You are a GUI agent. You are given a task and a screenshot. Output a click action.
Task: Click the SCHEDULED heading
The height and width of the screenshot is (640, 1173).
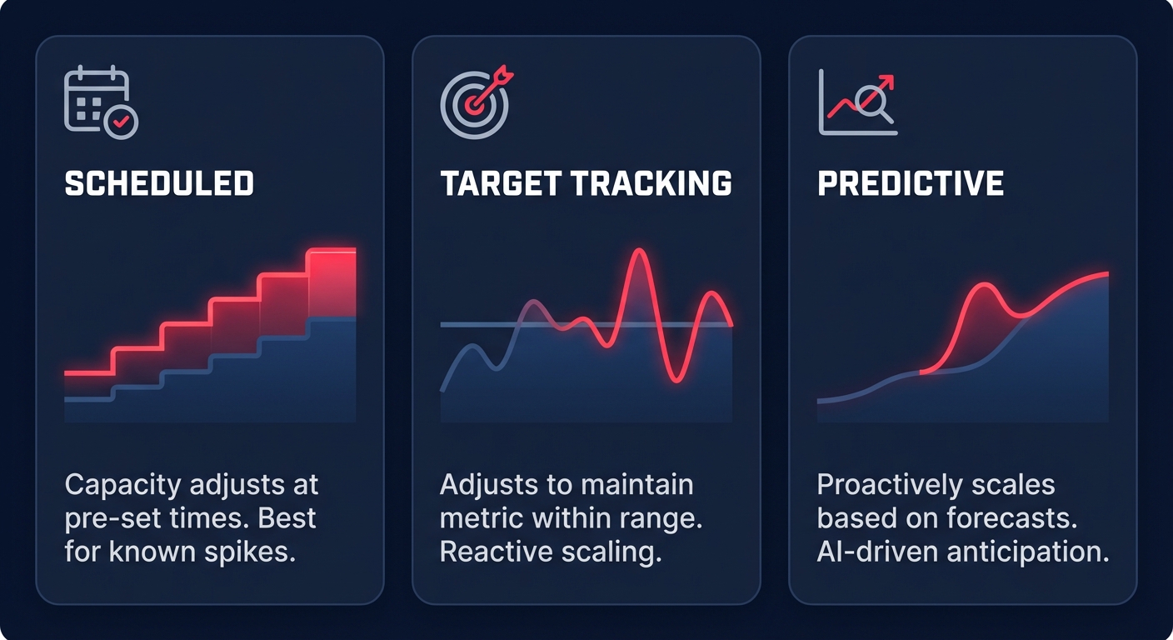click(x=159, y=183)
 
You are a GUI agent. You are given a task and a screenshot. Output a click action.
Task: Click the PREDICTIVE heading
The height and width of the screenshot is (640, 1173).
click(x=911, y=183)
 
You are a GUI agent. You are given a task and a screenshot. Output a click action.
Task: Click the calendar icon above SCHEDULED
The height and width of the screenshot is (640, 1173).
click(x=97, y=101)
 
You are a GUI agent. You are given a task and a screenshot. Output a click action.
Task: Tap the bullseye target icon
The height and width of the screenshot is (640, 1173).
click(x=472, y=105)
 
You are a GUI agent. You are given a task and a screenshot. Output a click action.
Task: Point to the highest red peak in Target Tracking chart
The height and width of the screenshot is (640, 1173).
click(x=638, y=252)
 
